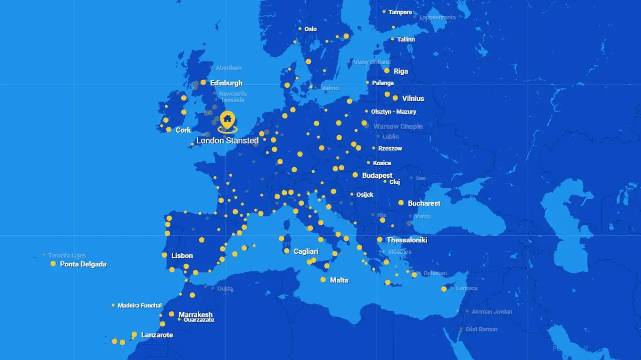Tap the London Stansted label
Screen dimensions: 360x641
227,141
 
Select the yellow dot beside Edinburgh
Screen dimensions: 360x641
203,83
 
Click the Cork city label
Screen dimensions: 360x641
183,130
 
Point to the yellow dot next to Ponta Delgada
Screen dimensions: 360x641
53,263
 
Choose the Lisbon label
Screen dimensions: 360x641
182,256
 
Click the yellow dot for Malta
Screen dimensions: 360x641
323,279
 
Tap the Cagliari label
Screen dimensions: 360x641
306,251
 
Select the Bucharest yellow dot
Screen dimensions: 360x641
401,203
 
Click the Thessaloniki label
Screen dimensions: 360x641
407,240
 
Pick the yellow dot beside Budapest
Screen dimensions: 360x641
355,175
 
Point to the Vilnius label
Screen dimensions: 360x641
413,99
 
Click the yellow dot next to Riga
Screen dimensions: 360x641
387,71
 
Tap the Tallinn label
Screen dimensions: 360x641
406,40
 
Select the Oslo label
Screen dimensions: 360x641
310,29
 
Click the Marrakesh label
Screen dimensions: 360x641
195,314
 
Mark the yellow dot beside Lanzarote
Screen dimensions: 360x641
134,334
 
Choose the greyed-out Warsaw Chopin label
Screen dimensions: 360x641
398,127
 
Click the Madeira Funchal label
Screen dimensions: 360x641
140,305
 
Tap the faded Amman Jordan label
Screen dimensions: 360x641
492,312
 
